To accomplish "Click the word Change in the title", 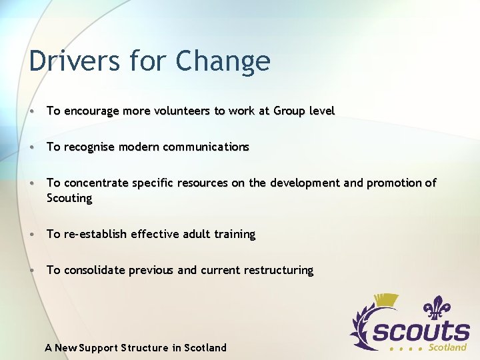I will [x=223, y=61].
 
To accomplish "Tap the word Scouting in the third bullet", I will [x=69, y=198].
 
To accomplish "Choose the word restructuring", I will [x=278, y=270].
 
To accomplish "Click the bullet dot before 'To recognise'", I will [x=33, y=147].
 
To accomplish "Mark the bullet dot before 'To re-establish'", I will [x=33, y=234].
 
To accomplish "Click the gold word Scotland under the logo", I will [x=447, y=347].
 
